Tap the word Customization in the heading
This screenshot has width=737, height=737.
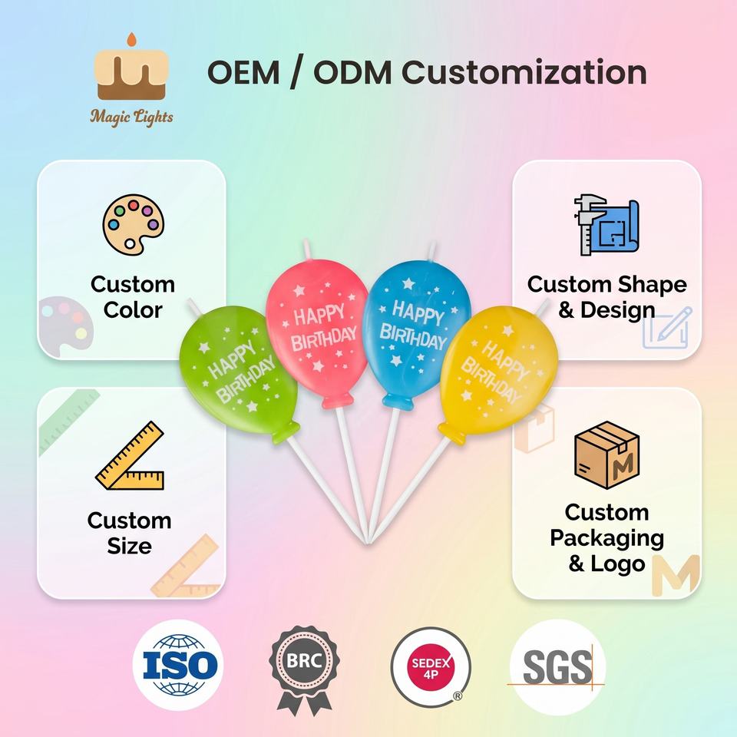pyautogui.click(x=524, y=72)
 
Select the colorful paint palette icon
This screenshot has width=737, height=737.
pyautogui.click(x=134, y=225)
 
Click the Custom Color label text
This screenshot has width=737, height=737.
pyautogui.click(x=133, y=297)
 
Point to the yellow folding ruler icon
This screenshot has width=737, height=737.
pyautogui.click(x=131, y=455)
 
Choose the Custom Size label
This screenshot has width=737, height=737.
pyautogui.click(x=129, y=533)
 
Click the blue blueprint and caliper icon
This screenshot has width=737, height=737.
pyautogui.click(x=606, y=225)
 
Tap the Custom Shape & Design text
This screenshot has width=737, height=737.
pyautogui.click(x=606, y=297)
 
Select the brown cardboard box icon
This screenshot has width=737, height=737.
pyautogui.click(x=606, y=454)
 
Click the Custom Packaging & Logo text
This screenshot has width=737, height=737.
pyautogui.click(x=606, y=537)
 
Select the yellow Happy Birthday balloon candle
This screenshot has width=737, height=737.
pyautogui.click(x=497, y=372)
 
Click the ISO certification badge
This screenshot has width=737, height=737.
pyautogui.click(x=178, y=665)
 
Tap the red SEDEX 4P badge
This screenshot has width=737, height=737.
pyautogui.click(x=430, y=666)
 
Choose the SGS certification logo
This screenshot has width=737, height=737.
pyautogui.click(x=557, y=667)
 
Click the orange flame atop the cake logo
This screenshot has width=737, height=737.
pyautogui.click(x=132, y=39)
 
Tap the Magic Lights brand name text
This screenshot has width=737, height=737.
pyautogui.click(x=131, y=117)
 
